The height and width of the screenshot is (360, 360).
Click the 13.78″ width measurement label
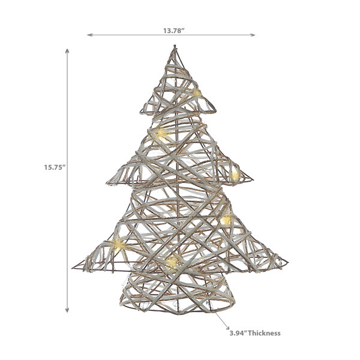point(174,31)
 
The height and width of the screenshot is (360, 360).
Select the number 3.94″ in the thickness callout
point(238,333)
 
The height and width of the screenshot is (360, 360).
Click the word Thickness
point(264,333)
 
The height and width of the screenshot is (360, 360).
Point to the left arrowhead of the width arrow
point(89,35)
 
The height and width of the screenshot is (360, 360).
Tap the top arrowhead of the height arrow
point(67,51)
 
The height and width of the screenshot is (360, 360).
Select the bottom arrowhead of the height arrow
point(67,310)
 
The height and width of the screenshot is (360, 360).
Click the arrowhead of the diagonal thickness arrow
point(227,328)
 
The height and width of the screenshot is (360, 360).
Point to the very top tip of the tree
point(175,46)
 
